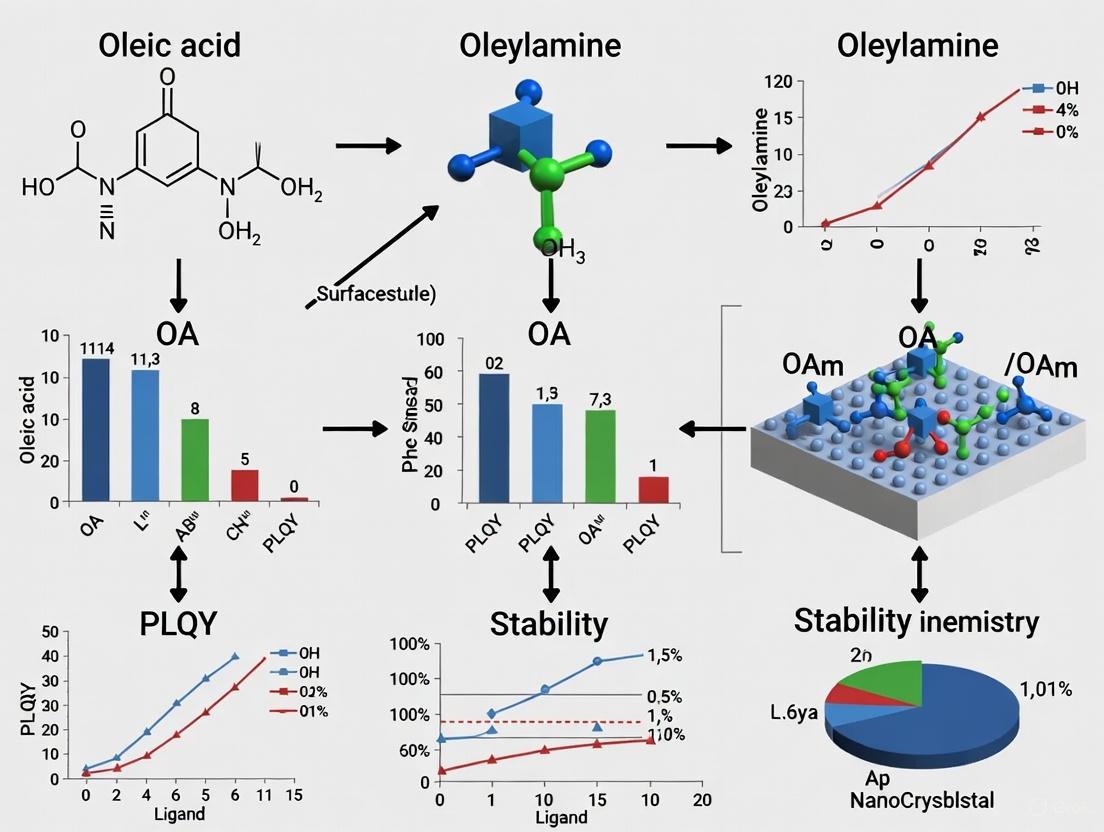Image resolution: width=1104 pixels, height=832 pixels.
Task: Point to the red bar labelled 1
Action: [653, 489]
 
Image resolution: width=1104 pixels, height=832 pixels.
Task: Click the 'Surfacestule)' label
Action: [375, 294]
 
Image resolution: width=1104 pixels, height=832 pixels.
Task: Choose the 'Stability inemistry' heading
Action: [916, 621]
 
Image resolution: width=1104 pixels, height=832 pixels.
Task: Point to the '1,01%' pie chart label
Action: [1045, 689]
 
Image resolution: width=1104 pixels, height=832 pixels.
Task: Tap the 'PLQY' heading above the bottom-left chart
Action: [178, 622]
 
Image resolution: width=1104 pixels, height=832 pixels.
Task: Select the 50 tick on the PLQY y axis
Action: [51, 632]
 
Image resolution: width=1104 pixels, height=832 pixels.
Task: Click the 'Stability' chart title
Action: [548, 625]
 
